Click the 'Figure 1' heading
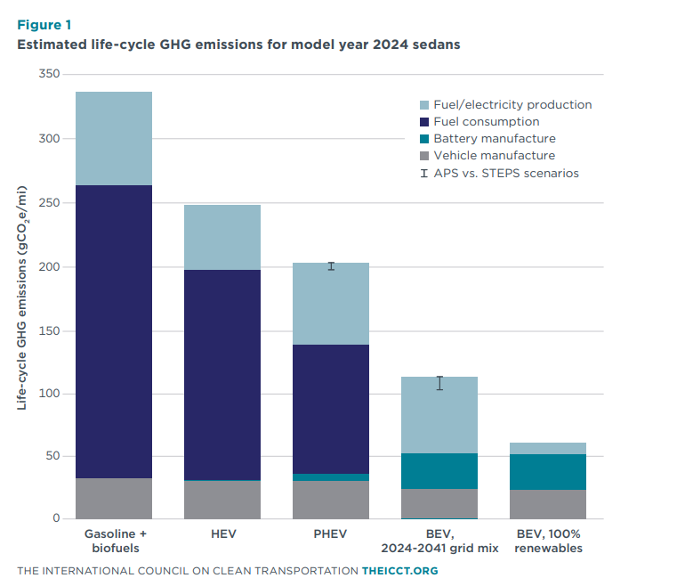[44, 24]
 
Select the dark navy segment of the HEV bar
[222, 374]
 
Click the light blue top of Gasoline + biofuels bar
[114, 138]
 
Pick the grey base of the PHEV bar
[331, 500]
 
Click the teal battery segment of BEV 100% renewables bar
[548, 472]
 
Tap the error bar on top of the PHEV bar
[331, 266]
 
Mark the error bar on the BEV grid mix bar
[439, 383]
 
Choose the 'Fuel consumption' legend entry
[486, 121]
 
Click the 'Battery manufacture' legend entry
[494, 138]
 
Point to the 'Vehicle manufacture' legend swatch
[424, 156]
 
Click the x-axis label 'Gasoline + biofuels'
[114, 541]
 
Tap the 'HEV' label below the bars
[222, 533]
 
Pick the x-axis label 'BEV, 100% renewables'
[548, 541]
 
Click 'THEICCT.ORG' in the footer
[399, 570]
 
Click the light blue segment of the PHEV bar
[331, 304]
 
